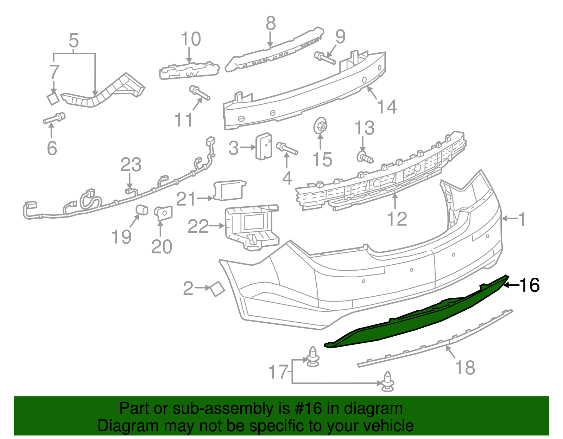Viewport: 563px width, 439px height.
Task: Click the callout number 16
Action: pos(530,285)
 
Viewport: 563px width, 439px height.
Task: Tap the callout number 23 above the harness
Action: pos(131,165)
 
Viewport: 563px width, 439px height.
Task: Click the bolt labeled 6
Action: pos(54,118)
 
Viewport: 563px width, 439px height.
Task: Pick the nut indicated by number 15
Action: pos(320,126)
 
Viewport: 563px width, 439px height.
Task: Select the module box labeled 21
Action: pos(229,190)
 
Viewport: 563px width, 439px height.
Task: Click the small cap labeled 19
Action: pos(141,209)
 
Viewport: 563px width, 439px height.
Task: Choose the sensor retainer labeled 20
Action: pos(164,213)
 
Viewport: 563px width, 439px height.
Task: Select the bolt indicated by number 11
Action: pos(200,92)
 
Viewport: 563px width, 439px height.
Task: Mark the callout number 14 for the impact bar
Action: pos(387,106)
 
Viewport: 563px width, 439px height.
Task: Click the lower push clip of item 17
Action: pos(387,381)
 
